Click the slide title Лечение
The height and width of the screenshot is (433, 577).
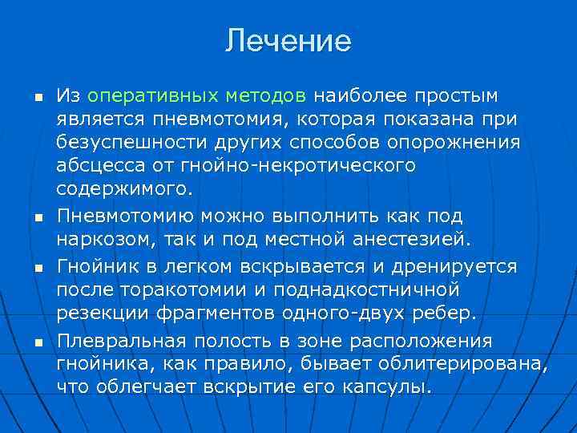coord(288,41)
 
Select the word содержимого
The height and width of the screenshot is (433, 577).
coord(125,190)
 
